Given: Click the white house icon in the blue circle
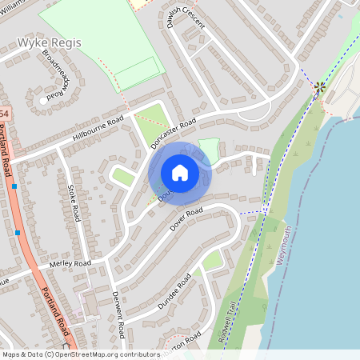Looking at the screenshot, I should click(x=180, y=173).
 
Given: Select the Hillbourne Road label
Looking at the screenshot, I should click(x=98, y=130).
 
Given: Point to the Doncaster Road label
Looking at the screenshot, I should click(x=174, y=134).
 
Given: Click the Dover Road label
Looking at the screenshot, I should click(x=186, y=222).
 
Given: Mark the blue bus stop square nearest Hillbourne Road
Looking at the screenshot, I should click(x=14, y=186).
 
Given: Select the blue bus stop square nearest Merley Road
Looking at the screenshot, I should click(x=18, y=233).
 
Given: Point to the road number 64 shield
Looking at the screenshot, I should click(x=4, y=114).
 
